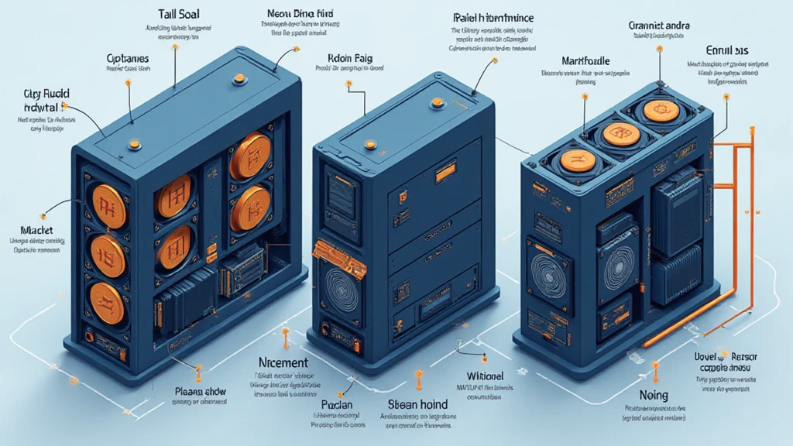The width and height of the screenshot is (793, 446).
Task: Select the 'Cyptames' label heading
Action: (127, 58)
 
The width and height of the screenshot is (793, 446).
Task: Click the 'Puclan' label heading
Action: (337, 404)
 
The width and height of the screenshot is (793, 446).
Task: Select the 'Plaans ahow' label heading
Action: (200, 391)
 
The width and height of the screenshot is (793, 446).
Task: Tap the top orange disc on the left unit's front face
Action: (109, 201)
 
